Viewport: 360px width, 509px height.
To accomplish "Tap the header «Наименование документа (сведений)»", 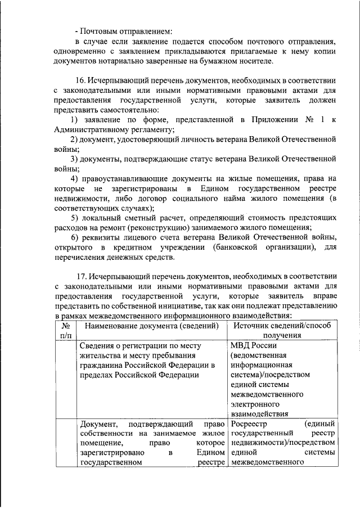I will click(148, 326).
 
